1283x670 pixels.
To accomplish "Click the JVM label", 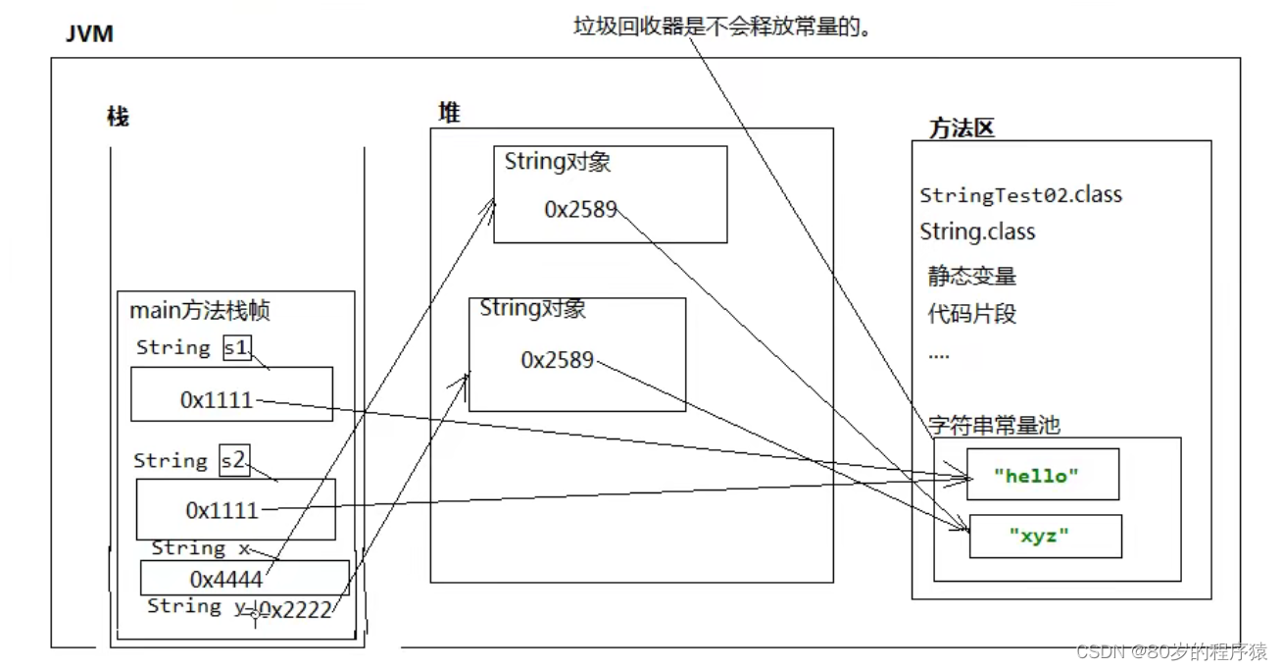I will click(x=89, y=34).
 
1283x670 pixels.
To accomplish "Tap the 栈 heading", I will click(x=118, y=117).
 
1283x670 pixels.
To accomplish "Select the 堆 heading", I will click(x=449, y=113).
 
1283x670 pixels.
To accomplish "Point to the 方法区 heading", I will click(x=962, y=129).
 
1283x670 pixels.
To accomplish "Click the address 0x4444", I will click(x=226, y=578).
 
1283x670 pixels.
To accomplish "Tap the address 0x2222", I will click(x=295, y=609).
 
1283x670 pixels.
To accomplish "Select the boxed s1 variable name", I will click(x=236, y=347).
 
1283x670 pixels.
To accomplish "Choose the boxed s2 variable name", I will click(x=234, y=460).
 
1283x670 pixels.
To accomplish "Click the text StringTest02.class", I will click(x=1020, y=194).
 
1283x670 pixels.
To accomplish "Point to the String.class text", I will click(x=977, y=232).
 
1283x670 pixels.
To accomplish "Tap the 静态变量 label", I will click(x=971, y=276).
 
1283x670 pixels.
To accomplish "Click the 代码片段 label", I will click(x=971, y=314).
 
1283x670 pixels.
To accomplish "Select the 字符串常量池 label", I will click(x=994, y=425).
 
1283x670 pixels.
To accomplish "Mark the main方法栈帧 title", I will click(x=200, y=312).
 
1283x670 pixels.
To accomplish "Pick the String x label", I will click(x=200, y=548).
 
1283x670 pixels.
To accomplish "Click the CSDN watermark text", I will click(x=1171, y=651).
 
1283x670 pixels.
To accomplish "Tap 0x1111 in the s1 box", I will click(x=217, y=400).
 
